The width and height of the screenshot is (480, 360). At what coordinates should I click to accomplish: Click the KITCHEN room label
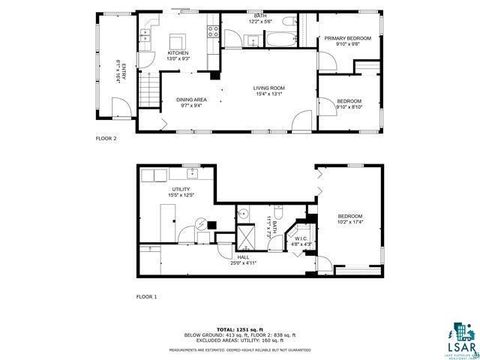click(x=178, y=52)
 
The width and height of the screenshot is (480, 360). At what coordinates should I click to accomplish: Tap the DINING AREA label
click(x=191, y=99)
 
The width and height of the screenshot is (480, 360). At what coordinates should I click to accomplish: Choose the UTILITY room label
click(x=181, y=189)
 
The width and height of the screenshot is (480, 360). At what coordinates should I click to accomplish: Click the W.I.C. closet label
click(x=300, y=238)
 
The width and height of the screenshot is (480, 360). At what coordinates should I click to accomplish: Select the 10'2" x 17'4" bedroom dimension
click(x=350, y=222)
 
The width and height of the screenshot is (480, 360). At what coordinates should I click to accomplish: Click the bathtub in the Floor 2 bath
click(x=274, y=40)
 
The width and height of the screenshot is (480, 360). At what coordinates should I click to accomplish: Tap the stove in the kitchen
click(x=212, y=33)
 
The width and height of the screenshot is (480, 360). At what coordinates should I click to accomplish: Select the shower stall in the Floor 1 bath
click(x=242, y=237)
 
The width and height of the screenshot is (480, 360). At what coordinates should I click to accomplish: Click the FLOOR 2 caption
click(x=106, y=138)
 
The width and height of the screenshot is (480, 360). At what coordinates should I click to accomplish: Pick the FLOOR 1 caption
click(x=147, y=297)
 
